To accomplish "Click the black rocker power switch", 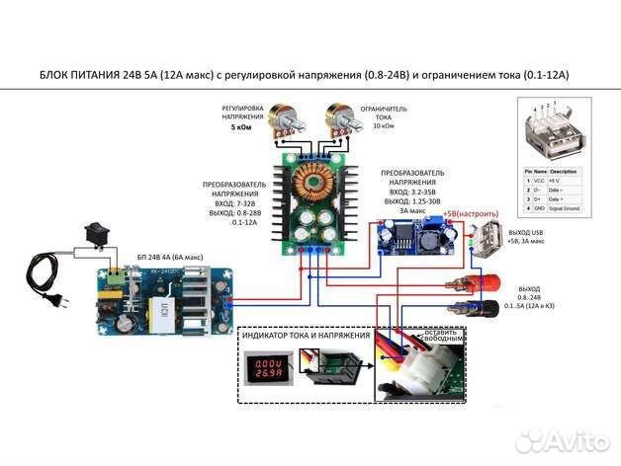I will (x=96, y=234).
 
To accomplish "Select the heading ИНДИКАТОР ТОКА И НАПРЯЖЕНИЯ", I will (x=303, y=336).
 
